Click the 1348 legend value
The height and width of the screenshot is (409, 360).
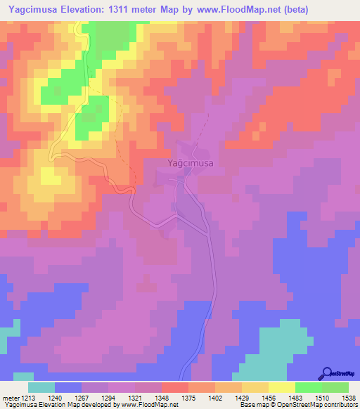(x=162, y=398)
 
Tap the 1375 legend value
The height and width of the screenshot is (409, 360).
(x=188, y=398)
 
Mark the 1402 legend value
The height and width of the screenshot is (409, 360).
(x=215, y=398)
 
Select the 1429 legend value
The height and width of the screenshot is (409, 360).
(x=242, y=398)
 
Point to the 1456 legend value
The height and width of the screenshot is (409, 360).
(x=269, y=398)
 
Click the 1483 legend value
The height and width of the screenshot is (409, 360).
(x=295, y=398)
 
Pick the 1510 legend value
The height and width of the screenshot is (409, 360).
(x=322, y=398)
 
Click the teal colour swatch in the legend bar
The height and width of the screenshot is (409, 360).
(x=41, y=387)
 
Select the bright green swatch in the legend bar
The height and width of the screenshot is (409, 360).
(x=309, y=387)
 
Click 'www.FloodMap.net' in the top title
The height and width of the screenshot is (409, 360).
(x=227, y=11)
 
